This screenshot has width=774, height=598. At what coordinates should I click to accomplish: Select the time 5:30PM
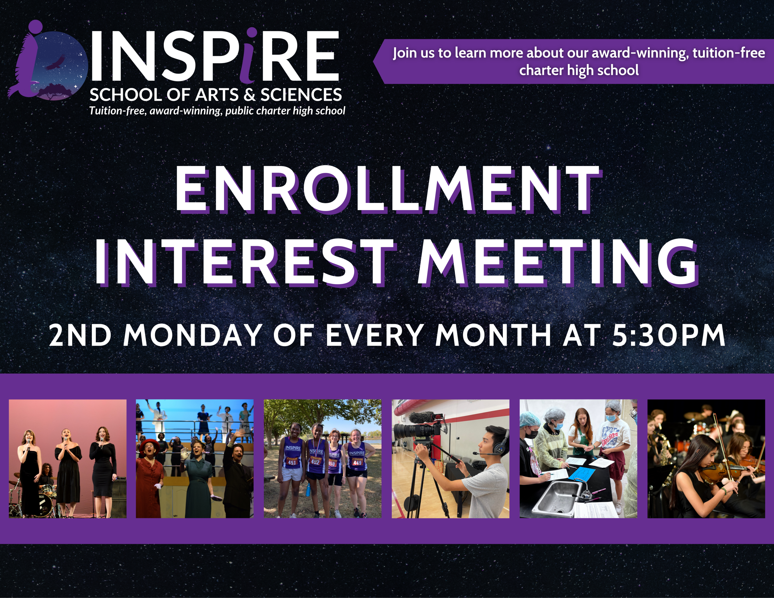pos(668,335)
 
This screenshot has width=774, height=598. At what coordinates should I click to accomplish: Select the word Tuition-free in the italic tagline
pos(117,111)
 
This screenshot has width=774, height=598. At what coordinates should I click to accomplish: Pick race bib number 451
pos(292,462)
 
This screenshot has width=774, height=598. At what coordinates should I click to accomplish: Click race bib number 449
pos(356,463)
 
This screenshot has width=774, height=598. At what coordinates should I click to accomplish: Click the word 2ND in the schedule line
pos(80,335)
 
